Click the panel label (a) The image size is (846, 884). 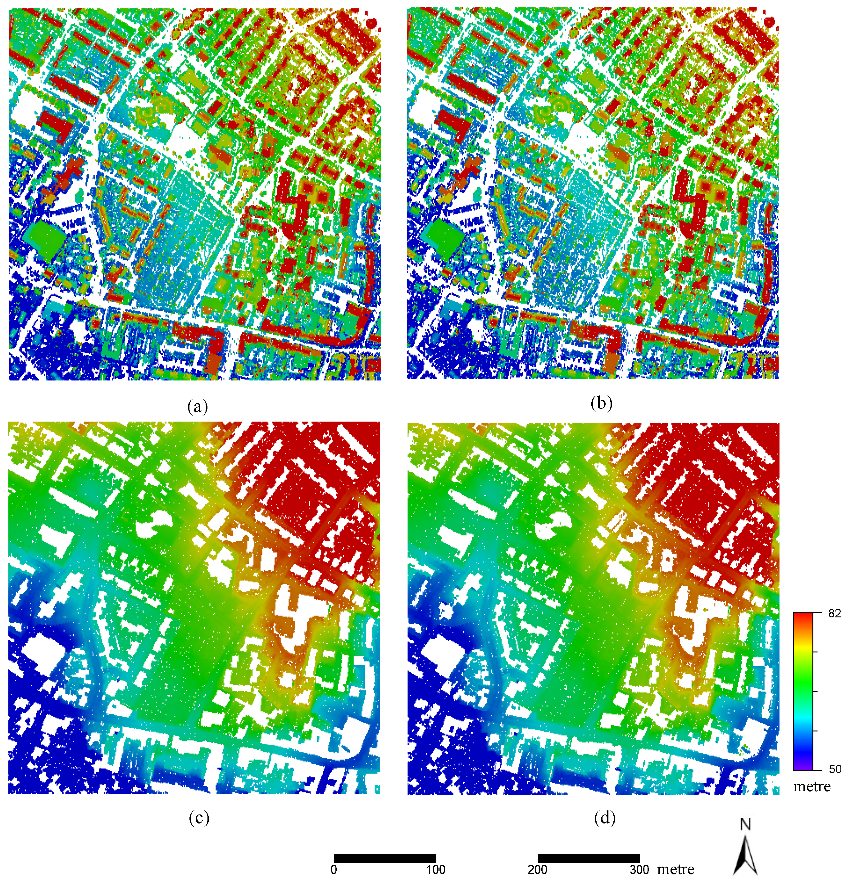click(198, 407)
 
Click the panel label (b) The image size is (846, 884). click(602, 404)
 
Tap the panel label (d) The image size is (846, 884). click(604, 817)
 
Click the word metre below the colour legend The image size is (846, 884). click(812, 786)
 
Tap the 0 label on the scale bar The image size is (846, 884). click(334, 870)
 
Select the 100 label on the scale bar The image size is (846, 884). click(436, 870)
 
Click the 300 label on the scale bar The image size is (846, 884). click(639, 870)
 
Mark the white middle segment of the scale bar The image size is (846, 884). click(487, 858)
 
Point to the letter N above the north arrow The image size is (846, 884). click(745, 824)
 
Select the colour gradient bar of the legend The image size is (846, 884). click(803, 691)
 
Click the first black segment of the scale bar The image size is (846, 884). click(385, 858)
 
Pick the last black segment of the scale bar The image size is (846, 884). click(589, 858)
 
